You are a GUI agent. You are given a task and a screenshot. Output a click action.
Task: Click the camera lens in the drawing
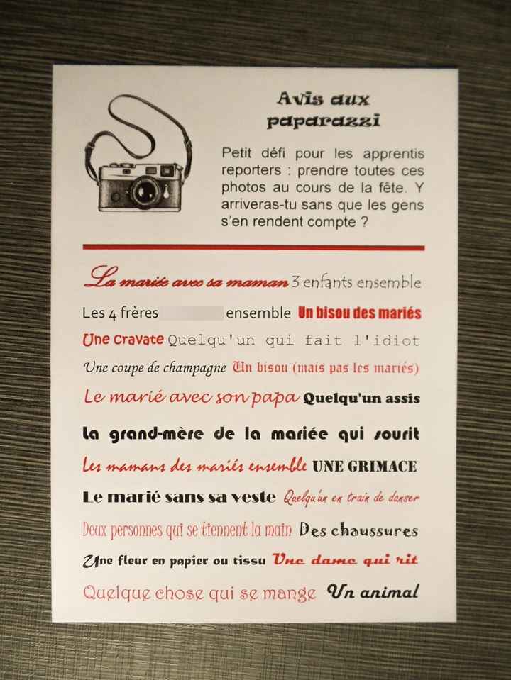146,189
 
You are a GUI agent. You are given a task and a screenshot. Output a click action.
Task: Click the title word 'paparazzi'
323,121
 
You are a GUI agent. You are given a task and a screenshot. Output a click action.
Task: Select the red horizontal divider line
253,247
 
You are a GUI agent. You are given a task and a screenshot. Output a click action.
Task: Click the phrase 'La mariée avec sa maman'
186,281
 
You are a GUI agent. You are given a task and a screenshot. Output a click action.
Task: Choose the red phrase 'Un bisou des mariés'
360,313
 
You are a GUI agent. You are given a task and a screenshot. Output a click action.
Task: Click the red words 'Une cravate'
123,340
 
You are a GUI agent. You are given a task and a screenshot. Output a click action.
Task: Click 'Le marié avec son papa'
191,397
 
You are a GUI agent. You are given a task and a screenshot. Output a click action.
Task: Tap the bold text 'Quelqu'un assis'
361,398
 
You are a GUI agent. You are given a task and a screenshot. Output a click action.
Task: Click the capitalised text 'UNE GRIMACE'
364,466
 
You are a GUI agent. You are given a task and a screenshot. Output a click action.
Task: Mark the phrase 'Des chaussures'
358,530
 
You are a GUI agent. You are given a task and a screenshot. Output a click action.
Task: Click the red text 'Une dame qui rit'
346,559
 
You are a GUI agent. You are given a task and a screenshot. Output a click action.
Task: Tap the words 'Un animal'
373,591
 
